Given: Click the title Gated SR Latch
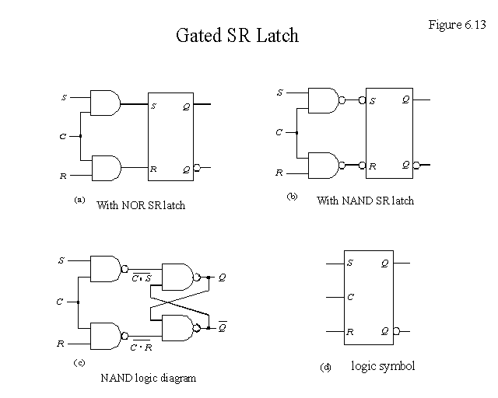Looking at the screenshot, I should coord(238,36).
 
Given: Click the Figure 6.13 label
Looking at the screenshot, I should coord(456,24).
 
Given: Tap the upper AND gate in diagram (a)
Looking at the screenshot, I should coord(106,103).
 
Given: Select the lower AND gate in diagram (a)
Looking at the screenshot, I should coord(106,167).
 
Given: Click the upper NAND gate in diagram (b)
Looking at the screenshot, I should coord(323,99).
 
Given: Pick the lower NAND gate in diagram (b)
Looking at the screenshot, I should coord(323,165).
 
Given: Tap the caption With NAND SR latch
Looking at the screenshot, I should coord(365,201).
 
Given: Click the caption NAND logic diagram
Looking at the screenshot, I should coord(148,379).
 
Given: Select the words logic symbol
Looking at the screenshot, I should coord(383,365).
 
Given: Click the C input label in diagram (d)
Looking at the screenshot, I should coord(351,297).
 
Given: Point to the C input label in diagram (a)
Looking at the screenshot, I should coord(62,137).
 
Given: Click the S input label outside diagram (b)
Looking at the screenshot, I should coord(280,93).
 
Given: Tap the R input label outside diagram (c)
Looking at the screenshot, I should coord(61,343).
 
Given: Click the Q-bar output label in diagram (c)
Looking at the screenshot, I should coord(223,326).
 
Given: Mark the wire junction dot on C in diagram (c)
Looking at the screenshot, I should coord(79,302).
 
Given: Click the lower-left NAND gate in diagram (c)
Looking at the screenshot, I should coord(106,335).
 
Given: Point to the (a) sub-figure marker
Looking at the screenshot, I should coord(79,201).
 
